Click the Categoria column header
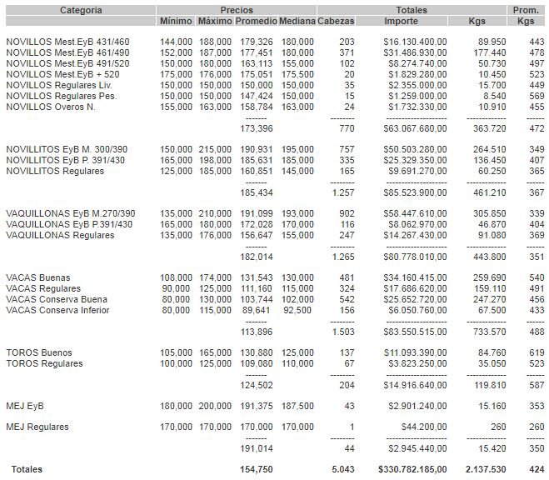point(81,10)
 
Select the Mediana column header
point(297,21)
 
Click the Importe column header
point(406,21)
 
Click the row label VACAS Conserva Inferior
point(57,310)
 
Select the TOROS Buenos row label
point(39,352)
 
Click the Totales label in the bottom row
point(24,469)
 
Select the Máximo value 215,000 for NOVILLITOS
point(215,148)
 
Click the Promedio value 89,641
point(255,310)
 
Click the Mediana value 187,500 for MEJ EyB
point(297,406)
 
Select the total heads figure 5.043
point(342,469)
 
